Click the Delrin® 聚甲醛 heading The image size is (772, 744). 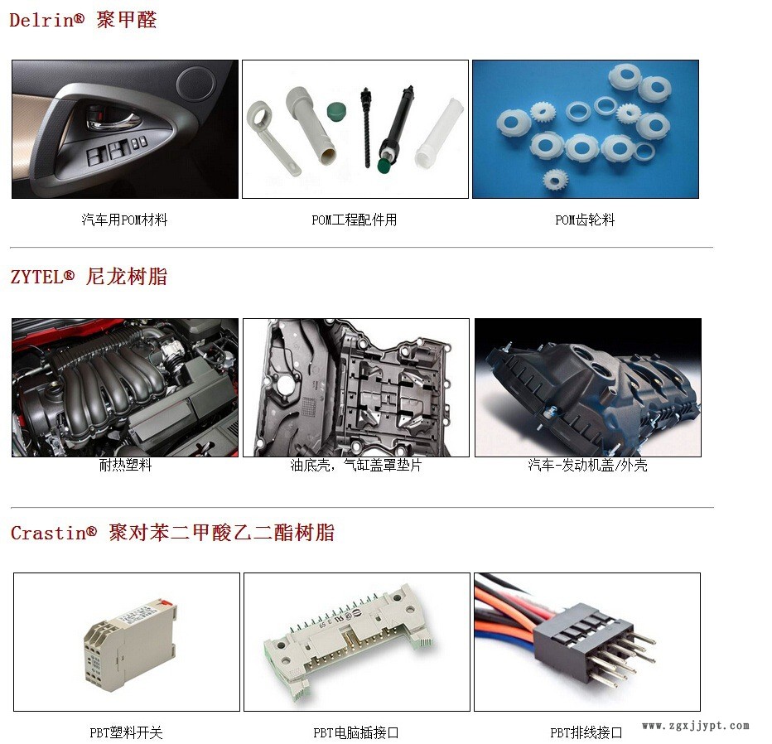pos(83,20)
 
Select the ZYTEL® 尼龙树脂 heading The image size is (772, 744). pos(89,276)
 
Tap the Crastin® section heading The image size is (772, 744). pos(172,533)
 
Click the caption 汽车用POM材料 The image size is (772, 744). pos(124,220)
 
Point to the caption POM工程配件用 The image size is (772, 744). pos(355,220)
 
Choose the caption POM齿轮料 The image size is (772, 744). pos(585,220)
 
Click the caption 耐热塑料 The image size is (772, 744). pos(126,465)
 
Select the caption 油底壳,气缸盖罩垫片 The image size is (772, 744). pos(356,465)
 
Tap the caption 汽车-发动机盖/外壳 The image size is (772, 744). pos(587,465)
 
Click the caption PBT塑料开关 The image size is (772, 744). pos(126,732)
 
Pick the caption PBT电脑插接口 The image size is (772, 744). pos(356,732)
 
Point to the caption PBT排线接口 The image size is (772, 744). pos(586,732)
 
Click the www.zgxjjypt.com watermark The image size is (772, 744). pos(696,726)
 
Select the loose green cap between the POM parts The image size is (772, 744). pos(337,111)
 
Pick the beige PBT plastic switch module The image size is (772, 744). pos(129,644)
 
